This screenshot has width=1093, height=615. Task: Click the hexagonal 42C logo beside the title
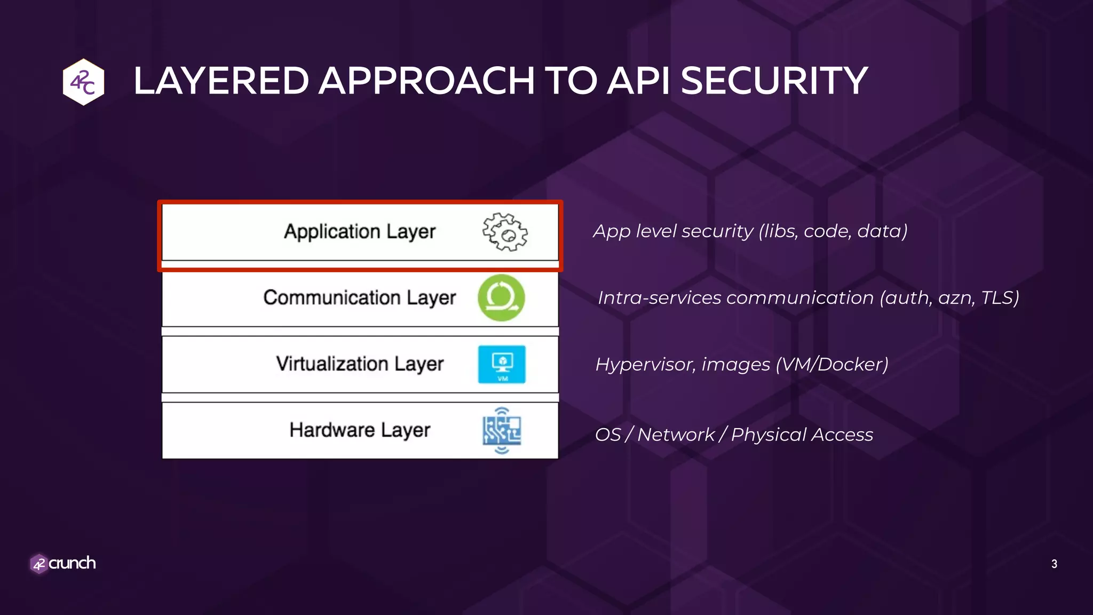(x=83, y=82)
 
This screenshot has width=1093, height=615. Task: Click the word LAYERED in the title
(x=221, y=81)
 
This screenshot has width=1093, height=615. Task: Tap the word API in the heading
(x=639, y=81)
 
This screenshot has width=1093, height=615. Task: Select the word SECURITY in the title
(x=774, y=81)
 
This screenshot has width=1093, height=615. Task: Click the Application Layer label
(x=360, y=232)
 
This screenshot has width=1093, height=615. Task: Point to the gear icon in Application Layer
(x=505, y=232)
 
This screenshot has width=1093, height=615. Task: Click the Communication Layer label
(x=360, y=298)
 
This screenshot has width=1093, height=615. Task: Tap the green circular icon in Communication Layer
(x=501, y=298)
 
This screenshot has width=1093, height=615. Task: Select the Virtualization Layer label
(x=360, y=364)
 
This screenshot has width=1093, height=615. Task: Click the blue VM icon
(x=502, y=365)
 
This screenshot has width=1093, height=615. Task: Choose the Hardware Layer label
(x=360, y=430)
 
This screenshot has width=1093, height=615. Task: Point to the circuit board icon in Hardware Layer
(x=502, y=431)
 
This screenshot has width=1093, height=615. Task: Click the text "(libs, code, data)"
(x=833, y=231)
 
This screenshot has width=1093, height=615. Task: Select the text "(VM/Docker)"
(x=832, y=365)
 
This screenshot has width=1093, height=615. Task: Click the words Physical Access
(x=802, y=435)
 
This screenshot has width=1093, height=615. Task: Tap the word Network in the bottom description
(x=676, y=435)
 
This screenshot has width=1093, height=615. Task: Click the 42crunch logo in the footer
(x=63, y=563)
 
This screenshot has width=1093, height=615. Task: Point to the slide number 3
(x=1054, y=564)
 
